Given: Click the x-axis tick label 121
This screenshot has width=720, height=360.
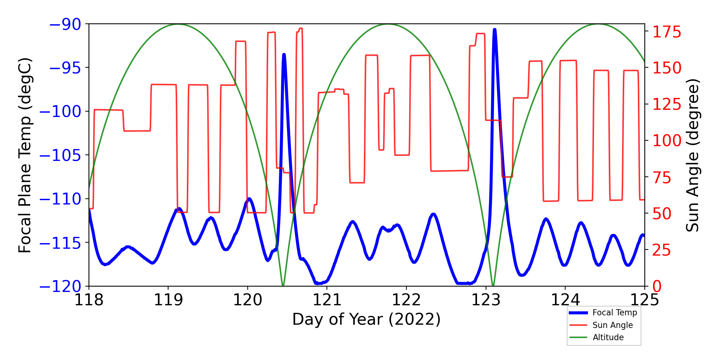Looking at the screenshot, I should pyautogui.click(x=327, y=300).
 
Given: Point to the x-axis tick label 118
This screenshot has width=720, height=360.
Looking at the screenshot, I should pyautogui.click(x=89, y=300).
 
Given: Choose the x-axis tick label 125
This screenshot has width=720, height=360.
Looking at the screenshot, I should pyautogui.click(x=644, y=300).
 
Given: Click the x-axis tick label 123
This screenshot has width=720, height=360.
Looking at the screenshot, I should pyautogui.click(x=486, y=300).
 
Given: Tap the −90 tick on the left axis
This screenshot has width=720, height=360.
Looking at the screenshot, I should pyautogui.click(x=65, y=24).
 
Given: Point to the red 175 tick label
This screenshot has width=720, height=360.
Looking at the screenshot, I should pyautogui.click(x=667, y=32).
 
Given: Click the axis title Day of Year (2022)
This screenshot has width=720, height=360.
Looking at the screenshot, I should pyautogui.click(x=366, y=319).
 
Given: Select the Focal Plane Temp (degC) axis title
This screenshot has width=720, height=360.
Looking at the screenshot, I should pyautogui.click(x=25, y=155).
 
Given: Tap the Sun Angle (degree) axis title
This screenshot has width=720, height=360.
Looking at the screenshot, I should pyautogui.click(x=692, y=155).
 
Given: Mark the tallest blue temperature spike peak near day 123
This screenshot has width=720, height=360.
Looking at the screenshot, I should pyautogui.click(x=495, y=30).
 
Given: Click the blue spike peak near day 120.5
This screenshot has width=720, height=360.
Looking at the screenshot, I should pyautogui.click(x=284, y=55).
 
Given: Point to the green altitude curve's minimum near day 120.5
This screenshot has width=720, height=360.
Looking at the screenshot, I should pyautogui.click(x=283, y=286).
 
